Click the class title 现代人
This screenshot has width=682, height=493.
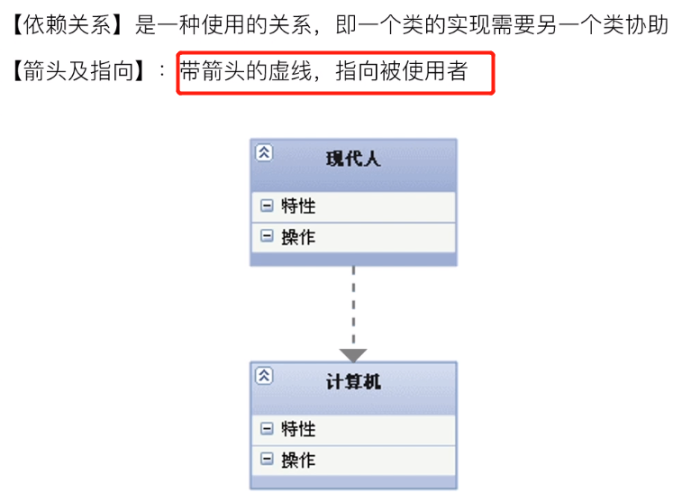(353, 160)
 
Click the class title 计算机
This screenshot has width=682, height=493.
(353, 382)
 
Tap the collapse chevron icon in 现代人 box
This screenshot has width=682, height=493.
(263, 152)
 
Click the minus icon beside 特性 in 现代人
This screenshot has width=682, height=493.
(267, 205)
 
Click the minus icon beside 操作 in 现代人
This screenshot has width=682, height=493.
(267, 236)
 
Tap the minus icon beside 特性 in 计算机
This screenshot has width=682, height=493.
(267, 428)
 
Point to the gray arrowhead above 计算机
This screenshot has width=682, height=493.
(353, 355)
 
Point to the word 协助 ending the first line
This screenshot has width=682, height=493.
(649, 25)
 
